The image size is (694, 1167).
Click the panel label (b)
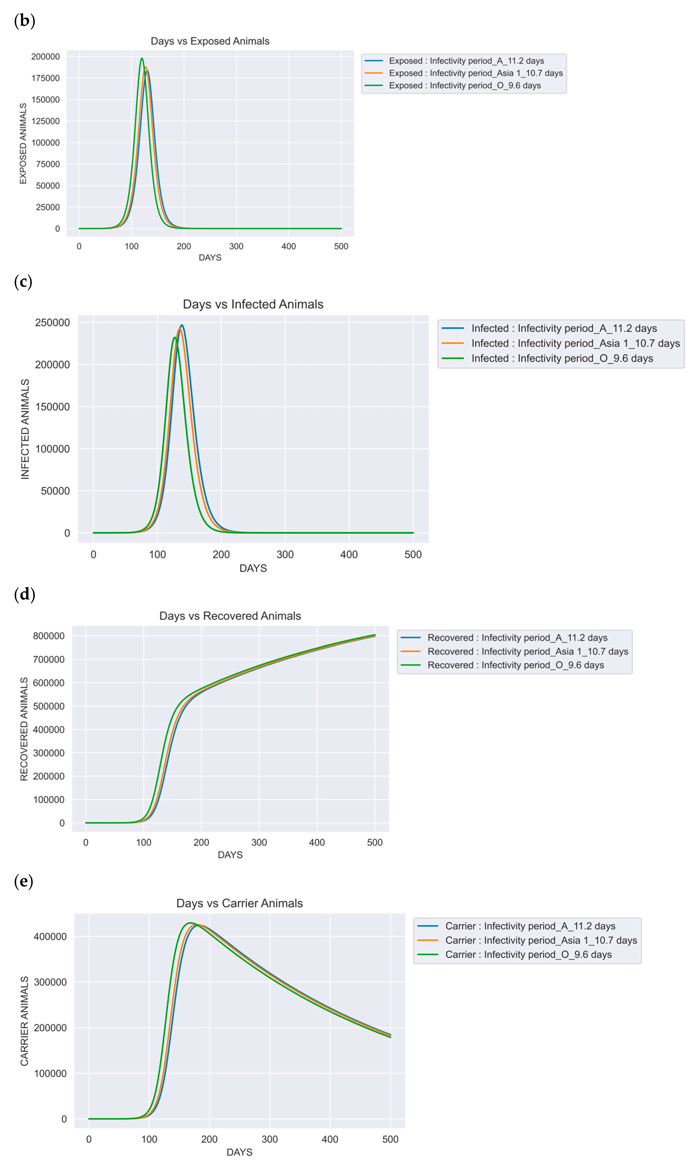(x=24, y=21)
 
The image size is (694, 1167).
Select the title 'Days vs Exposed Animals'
(x=210, y=41)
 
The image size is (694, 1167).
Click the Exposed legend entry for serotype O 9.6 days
(x=464, y=86)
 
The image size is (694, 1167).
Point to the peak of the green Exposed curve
(x=142, y=59)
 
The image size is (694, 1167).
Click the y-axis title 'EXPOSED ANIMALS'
(x=23, y=144)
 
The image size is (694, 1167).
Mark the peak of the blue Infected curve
(x=181, y=325)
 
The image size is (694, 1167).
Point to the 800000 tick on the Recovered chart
(x=49, y=636)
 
